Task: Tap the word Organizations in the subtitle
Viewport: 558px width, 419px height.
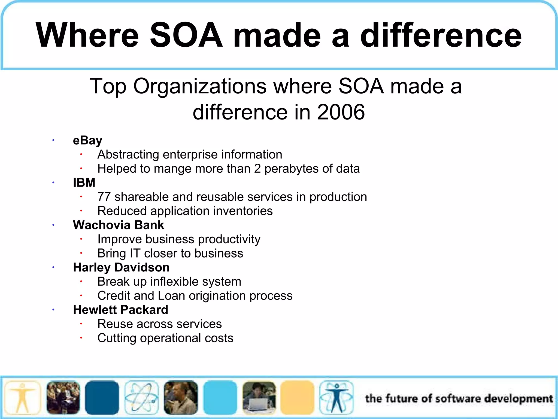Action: point(200,86)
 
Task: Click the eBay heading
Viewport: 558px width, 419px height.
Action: point(87,140)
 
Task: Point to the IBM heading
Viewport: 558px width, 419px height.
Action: point(84,182)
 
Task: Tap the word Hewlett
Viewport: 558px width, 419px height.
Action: point(95,310)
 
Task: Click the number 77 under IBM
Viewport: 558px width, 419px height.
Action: point(104,197)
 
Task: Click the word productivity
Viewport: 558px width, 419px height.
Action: point(229,239)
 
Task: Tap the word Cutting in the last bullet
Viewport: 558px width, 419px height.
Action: point(117,338)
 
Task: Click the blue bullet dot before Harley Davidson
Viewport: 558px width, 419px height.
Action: point(53,267)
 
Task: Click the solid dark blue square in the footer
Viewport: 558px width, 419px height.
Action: point(102,398)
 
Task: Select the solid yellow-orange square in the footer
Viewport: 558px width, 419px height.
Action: point(297,398)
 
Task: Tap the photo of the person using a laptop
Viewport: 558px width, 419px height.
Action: point(259,398)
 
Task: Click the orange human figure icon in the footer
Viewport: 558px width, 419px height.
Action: point(22,398)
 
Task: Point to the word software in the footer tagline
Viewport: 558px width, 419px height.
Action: point(458,399)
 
